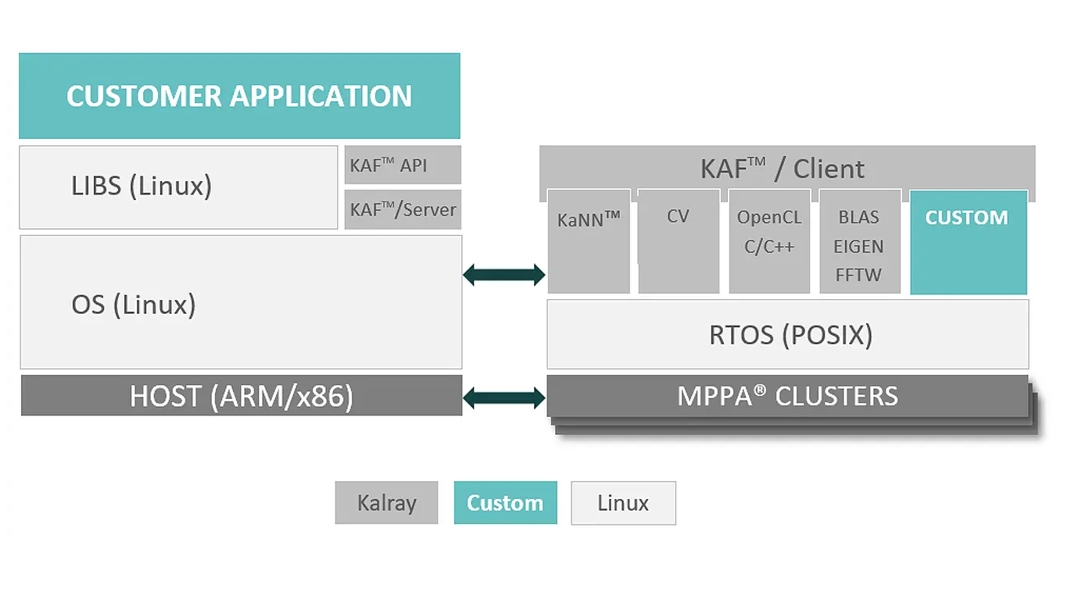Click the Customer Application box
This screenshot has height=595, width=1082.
tap(239, 95)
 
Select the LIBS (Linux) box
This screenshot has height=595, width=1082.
tap(178, 187)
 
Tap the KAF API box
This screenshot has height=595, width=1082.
tap(403, 165)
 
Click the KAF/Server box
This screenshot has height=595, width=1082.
tap(403, 209)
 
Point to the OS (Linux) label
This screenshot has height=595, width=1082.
tap(134, 305)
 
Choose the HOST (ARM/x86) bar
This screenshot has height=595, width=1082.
tap(242, 395)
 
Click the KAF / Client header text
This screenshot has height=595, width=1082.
tap(783, 169)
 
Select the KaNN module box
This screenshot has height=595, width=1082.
tap(589, 241)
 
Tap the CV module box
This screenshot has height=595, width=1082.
tap(679, 241)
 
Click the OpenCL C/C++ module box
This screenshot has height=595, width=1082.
tap(769, 241)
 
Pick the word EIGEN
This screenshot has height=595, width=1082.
tap(858, 247)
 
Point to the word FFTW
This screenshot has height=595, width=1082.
tap(858, 275)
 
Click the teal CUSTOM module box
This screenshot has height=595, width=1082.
tap(969, 242)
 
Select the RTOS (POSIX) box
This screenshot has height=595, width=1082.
tap(788, 334)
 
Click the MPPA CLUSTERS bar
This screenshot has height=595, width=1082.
tap(787, 396)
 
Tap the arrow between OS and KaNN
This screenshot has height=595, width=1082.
tap(504, 275)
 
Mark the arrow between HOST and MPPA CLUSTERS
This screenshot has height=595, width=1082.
tap(504, 398)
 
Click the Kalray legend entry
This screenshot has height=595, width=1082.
tap(386, 503)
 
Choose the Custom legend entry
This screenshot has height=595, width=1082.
tap(505, 503)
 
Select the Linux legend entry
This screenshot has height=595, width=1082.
tap(623, 503)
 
